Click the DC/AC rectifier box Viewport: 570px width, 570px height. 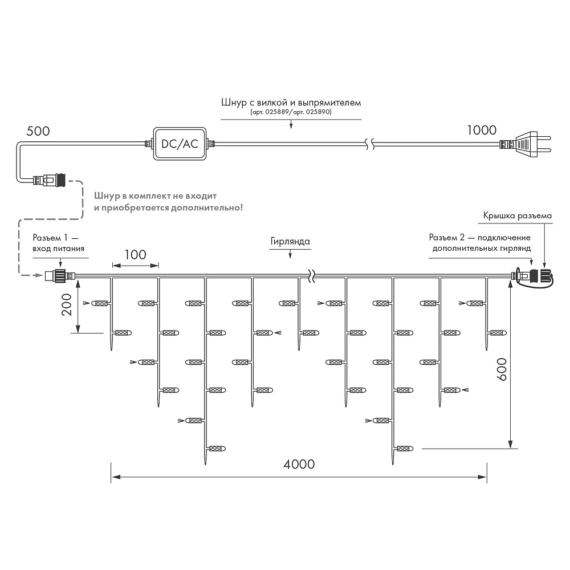coord(179,144)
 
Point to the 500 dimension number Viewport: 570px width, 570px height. coord(38,131)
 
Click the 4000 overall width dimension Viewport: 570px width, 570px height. coord(299,464)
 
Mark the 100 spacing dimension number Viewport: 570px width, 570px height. coord(135,254)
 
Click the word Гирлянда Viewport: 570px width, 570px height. coord(291,241)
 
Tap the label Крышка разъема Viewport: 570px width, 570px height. coord(518,216)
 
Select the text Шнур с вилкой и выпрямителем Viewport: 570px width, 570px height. coord(291,103)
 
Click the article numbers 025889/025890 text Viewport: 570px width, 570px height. coord(291,112)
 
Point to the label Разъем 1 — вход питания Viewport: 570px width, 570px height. coord(59,243)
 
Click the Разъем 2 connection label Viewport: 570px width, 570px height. coord(481,243)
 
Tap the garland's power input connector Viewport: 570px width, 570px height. coord(57,276)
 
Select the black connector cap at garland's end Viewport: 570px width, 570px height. coord(543,276)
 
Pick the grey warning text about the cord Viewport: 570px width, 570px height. coord(168,202)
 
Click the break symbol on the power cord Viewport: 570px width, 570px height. coord(369,144)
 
